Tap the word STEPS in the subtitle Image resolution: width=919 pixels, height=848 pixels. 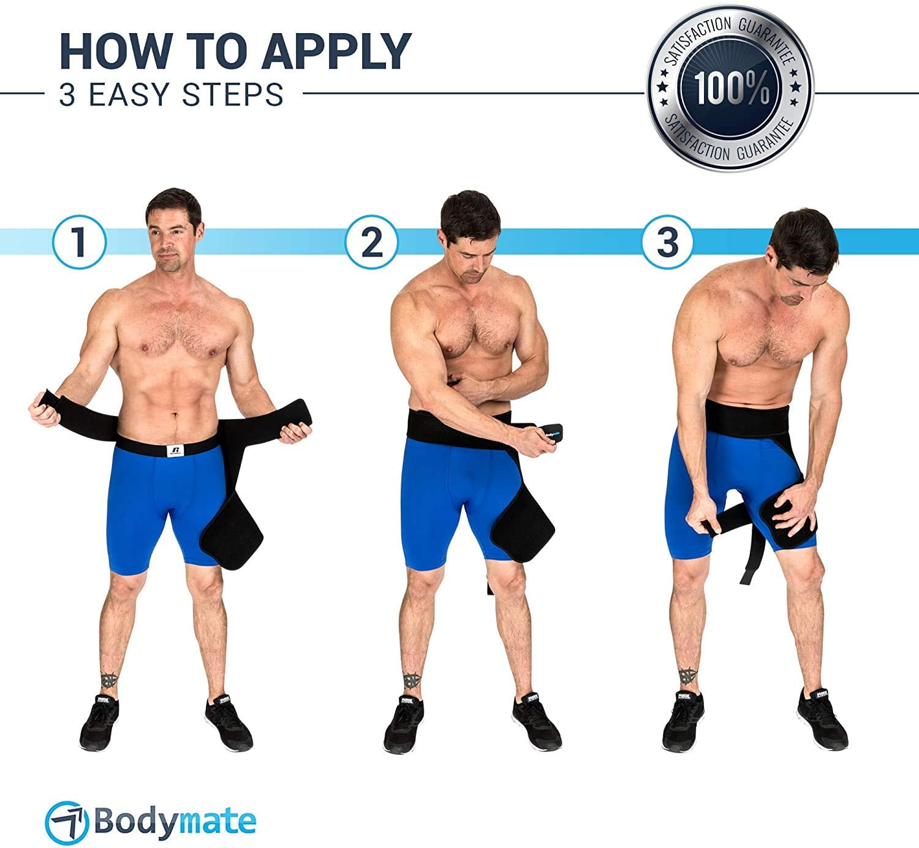tap(233, 94)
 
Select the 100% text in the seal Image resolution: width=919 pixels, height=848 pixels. tap(732, 88)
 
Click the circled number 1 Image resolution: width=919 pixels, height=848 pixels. tap(79, 242)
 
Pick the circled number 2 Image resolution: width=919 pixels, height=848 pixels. tap(371, 242)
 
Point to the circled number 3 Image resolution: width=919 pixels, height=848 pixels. tap(667, 242)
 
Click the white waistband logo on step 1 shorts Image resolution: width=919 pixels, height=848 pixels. tap(175, 450)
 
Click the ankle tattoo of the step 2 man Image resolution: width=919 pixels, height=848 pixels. tap(411, 680)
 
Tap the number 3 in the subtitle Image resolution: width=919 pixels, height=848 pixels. tap(67, 95)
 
